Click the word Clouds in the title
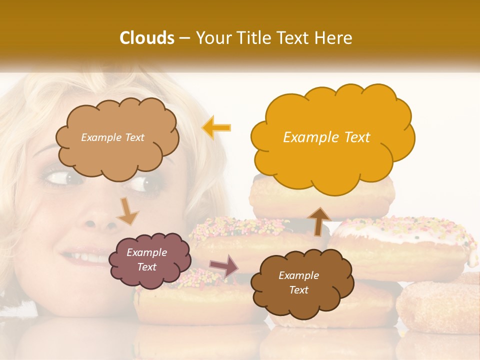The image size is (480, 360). click(147, 38)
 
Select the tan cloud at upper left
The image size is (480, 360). click(117, 137)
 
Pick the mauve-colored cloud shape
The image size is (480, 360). click(149, 260)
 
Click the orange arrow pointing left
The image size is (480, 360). click(216, 127)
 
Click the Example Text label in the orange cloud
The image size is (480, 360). click(326, 137)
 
